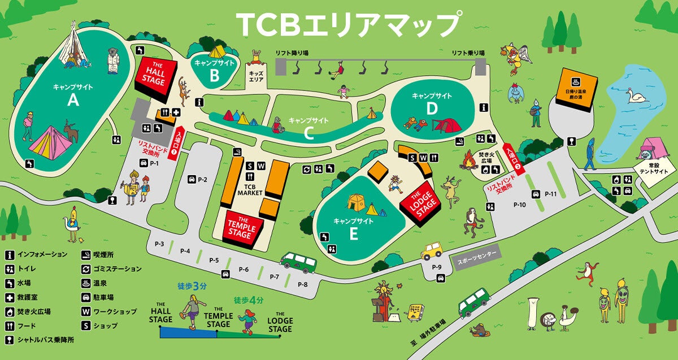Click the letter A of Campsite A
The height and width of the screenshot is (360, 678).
click(72, 100)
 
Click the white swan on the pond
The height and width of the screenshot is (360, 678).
click(637, 97)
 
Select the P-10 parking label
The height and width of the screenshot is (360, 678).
click(520, 205)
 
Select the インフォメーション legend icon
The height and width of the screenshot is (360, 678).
click(10, 254)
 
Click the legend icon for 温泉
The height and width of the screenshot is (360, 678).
click(87, 283)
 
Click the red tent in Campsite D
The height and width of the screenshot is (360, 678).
click(446, 124)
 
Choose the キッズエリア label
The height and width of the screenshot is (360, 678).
click(256, 76)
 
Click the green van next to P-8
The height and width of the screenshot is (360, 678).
click(299, 262)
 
